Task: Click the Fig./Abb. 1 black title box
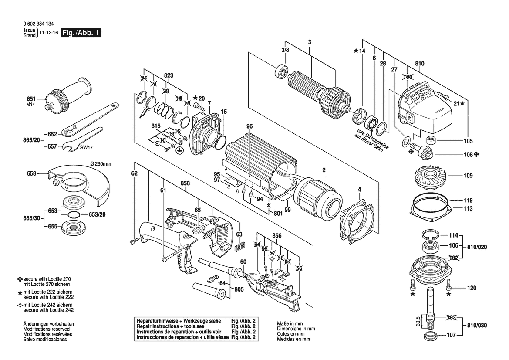[81, 33]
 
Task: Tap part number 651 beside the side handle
[31, 98]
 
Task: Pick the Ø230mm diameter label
[101, 163]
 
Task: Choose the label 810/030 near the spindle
[478, 326]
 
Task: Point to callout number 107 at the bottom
[451, 335]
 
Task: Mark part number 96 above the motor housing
[249, 126]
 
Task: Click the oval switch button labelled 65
[199, 228]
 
